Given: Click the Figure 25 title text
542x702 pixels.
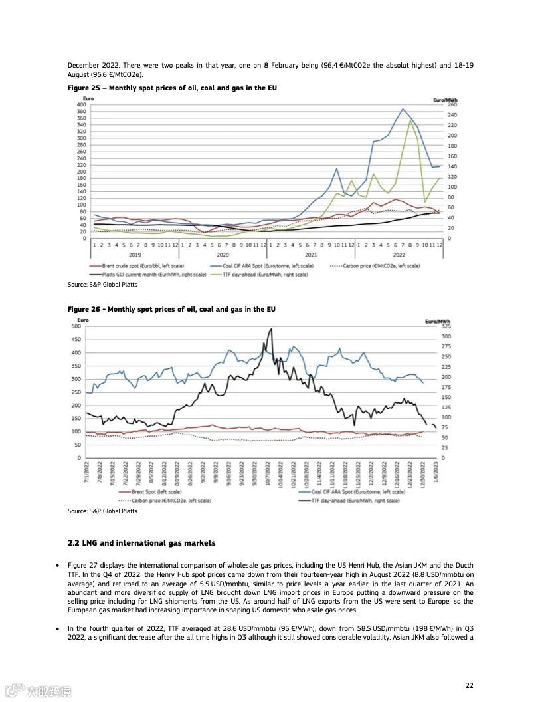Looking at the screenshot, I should pyautogui.click(x=172, y=88).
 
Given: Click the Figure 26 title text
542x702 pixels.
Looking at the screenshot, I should pyautogui.click(x=171, y=309).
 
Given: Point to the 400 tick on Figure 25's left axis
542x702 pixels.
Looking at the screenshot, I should pyautogui.click(x=82, y=104).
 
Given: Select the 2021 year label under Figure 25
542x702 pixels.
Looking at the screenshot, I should pyautogui.click(x=310, y=254).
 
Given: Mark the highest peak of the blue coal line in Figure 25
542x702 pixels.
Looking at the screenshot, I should pyautogui.click(x=403, y=109).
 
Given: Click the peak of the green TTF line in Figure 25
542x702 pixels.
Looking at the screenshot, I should pyautogui.click(x=410, y=120).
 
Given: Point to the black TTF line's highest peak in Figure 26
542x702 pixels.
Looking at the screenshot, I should pyautogui.click(x=270, y=328).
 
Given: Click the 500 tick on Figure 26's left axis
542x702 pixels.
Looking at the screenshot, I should pyautogui.click(x=76, y=326).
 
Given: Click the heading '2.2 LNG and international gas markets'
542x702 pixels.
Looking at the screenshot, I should pyautogui.click(x=141, y=544).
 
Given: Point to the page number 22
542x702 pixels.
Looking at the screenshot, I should pyautogui.click(x=469, y=685).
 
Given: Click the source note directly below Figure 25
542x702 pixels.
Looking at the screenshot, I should pyautogui.click(x=102, y=285).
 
